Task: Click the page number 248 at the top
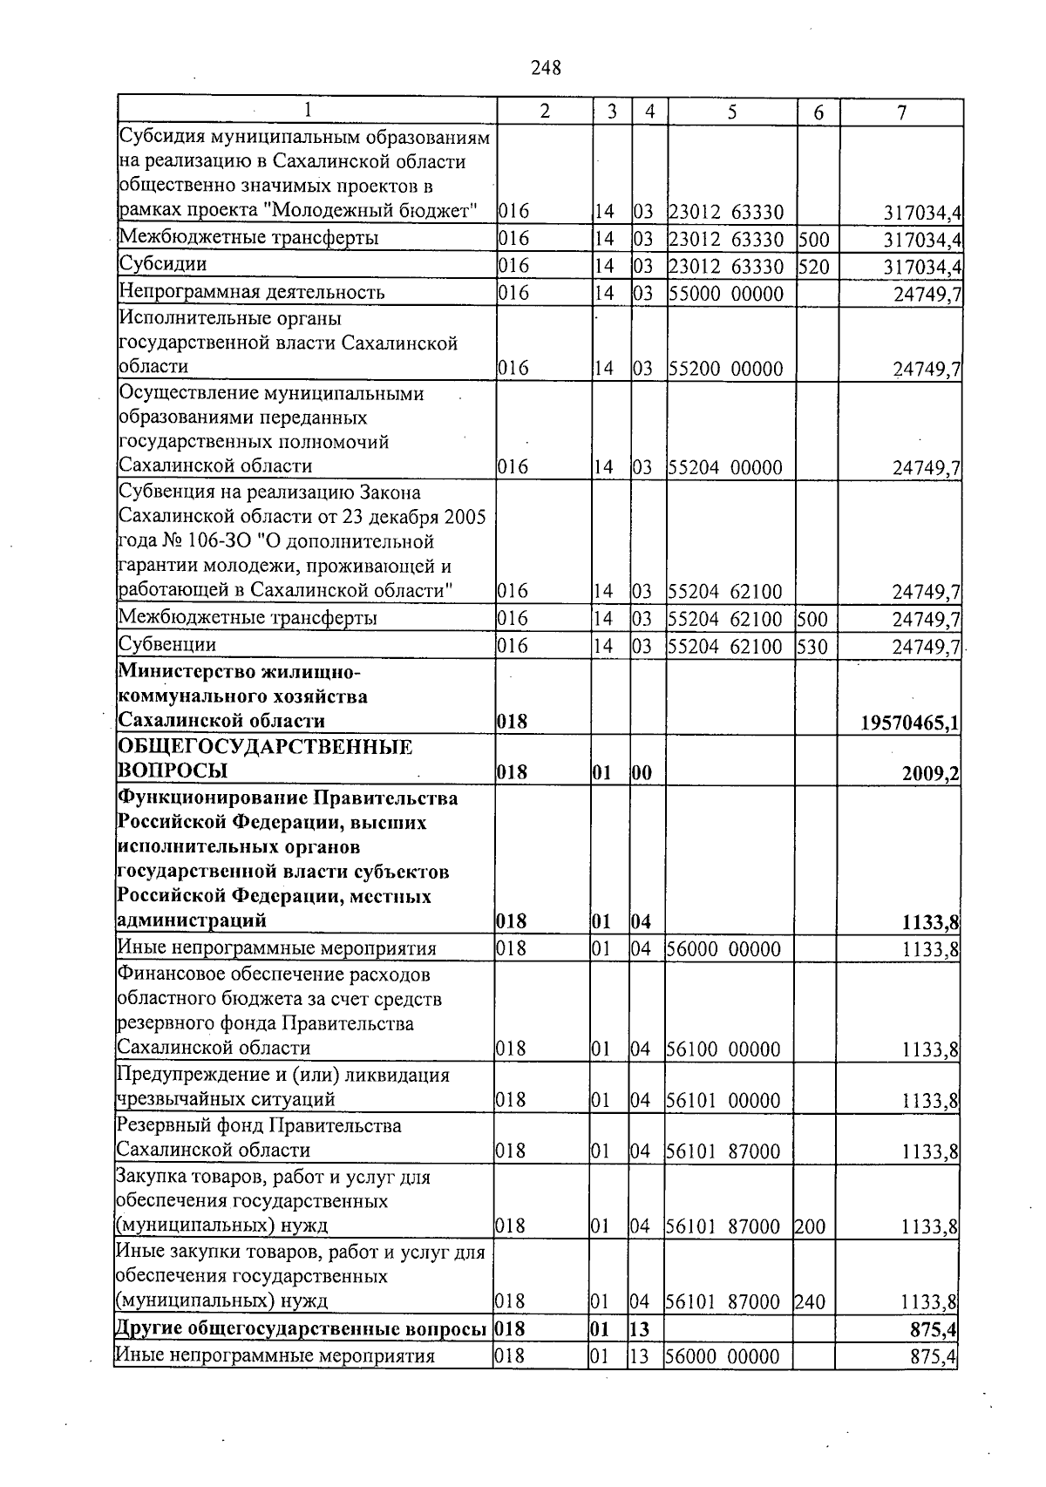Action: (546, 68)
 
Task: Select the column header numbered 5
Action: (732, 112)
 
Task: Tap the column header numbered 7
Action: (901, 112)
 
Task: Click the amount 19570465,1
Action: (910, 723)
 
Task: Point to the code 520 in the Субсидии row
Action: (813, 266)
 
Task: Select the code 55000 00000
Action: (726, 294)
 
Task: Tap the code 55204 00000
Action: (725, 468)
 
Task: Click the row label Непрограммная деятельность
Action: (251, 292)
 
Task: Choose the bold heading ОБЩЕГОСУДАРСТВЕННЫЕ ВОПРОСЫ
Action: (265, 759)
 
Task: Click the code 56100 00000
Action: (723, 1049)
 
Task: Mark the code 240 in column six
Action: (809, 1302)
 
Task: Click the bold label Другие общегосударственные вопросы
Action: (301, 1329)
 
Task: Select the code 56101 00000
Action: (723, 1101)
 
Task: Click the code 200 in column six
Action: (809, 1227)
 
